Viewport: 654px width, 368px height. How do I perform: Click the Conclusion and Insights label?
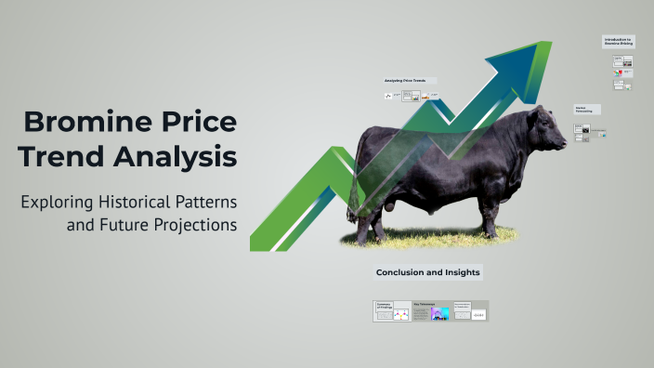pyautogui.click(x=427, y=272)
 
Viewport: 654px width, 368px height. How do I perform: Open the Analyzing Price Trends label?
pyautogui.click(x=404, y=81)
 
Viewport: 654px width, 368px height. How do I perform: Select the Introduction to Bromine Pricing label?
pyautogui.click(x=618, y=41)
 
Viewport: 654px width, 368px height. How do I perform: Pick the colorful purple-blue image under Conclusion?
pyautogui.click(x=440, y=314)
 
